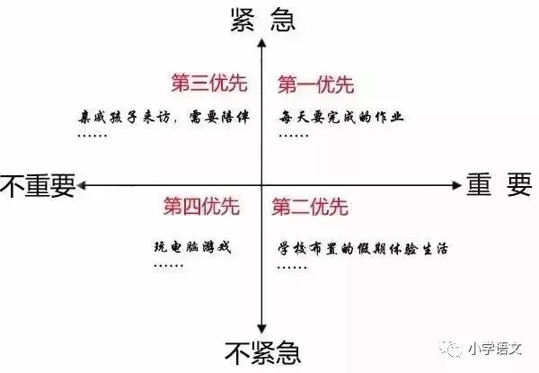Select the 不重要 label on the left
tap(37, 185)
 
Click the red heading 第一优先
tap(315, 85)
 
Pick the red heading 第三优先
tap(209, 84)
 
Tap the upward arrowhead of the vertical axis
tap(261, 41)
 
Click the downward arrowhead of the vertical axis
tap(261, 330)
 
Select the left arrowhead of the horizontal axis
tap(82, 185)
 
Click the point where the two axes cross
tap(261, 185)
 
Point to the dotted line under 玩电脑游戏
tap(168, 267)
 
